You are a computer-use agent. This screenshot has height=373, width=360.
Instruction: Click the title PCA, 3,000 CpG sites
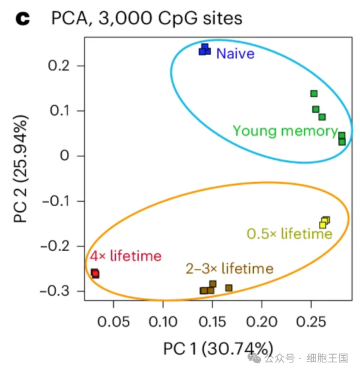coord(146,18)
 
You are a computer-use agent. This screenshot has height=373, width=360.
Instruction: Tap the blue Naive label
coord(235,54)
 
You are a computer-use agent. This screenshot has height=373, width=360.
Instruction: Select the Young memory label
coord(284,131)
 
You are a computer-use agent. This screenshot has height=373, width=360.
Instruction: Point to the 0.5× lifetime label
coord(289,234)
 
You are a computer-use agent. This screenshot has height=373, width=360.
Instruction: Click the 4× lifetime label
coord(126,256)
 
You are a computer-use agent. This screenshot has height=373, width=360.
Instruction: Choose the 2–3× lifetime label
coord(229,269)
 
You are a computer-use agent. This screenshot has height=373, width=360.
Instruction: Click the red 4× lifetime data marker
coord(95,273)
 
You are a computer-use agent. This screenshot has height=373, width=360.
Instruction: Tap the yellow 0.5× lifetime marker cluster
coord(324,223)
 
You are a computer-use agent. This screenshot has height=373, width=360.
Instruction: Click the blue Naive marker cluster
coord(205,50)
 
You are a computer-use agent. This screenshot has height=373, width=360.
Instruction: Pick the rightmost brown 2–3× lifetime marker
coord(229,288)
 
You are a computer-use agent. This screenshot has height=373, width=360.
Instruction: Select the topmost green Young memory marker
coord(314,94)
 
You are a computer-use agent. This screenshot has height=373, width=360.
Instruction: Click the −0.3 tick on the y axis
coord(56,291)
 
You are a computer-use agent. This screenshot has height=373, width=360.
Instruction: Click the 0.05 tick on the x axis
coord(114,322)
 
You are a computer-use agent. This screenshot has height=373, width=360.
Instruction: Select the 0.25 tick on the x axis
coord(310,322)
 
